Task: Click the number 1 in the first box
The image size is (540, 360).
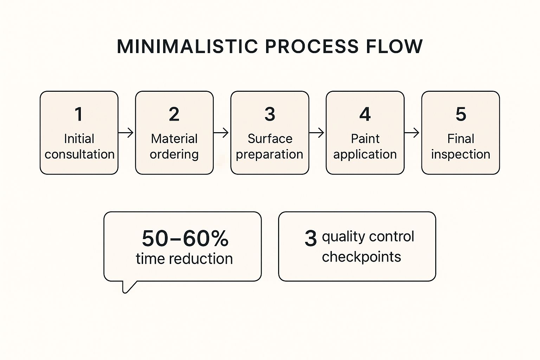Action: (79, 114)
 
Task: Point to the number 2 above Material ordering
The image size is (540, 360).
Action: (174, 114)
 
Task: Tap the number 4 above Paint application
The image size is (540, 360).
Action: (365, 114)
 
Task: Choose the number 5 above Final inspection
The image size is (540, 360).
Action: (461, 114)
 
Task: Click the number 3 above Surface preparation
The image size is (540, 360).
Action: (270, 114)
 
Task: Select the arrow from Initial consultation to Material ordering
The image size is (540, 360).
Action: (126, 133)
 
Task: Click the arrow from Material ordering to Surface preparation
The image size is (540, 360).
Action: (221, 133)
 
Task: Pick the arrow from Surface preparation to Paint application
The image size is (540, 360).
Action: (317, 133)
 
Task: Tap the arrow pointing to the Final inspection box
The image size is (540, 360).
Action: (412, 133)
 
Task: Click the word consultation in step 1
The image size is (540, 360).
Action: (79, 154)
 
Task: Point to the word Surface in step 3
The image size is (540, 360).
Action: (270, 139)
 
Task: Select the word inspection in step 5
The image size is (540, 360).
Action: (461, 154)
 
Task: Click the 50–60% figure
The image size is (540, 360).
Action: (185, 239)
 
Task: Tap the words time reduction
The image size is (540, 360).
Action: (184, 259)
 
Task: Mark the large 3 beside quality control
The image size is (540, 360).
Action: (310, 239)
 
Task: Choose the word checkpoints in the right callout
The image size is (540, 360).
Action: (361, 257)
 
